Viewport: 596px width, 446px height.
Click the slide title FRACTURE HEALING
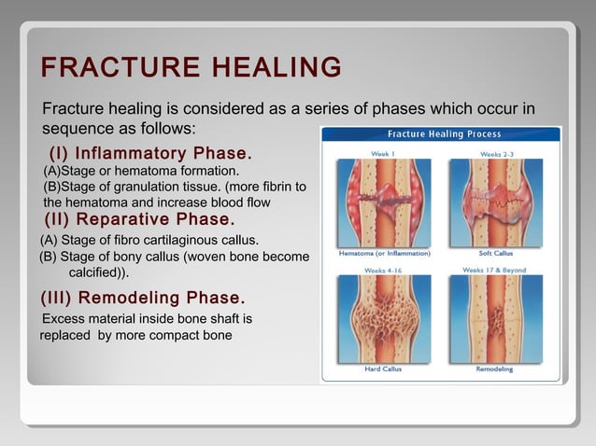tap(191, 68)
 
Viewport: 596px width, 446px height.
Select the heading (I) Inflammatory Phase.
tap(149, 153)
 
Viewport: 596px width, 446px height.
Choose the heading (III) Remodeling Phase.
tap(143, 299)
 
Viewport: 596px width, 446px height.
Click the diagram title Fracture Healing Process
tap(444, 134)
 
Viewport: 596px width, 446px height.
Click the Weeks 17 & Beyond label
tap(494, 271)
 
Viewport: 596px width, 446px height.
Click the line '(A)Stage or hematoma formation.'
tap(141, 172)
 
